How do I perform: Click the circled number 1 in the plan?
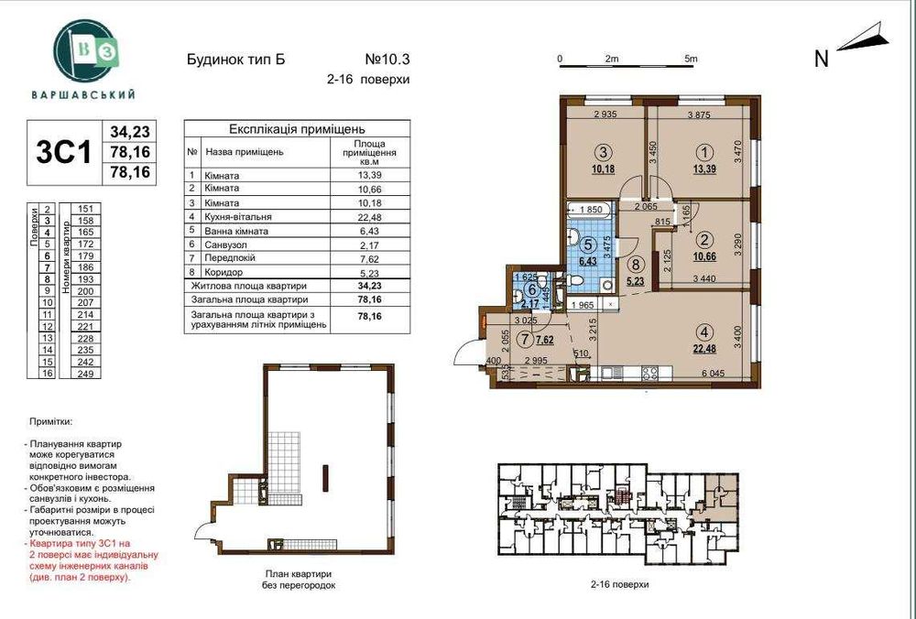[x=704, y=152]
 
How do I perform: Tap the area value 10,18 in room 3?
[x=603, y=169]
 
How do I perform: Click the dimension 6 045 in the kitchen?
[x=718, y=374]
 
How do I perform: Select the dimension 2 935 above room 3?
[x=607, y=115]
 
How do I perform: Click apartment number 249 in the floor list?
[x=87, y=374]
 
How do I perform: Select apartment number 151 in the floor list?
[x=87, y=209]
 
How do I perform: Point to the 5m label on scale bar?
[x=691, y=59]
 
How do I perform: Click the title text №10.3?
[x=388, y=60]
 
